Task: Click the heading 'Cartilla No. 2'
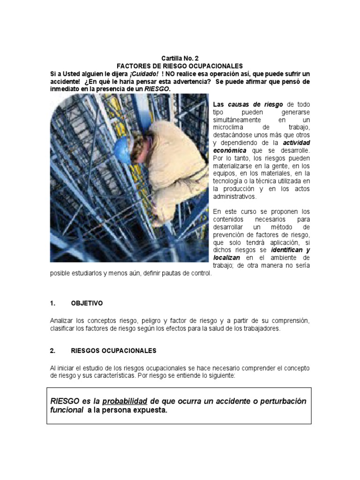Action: pyautogui.click(x=180, y=59)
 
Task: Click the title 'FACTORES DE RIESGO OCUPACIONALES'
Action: pyautogui.click(x=180, y=67)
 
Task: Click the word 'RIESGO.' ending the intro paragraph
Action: pyautogui.click(x=157, y=89)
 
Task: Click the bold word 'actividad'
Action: pyautogui.click(x=296, y=142)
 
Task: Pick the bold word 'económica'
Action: pyautogui.click(x=231, y=150)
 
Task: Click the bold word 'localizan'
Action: pyautogui.click(x=227, y=257)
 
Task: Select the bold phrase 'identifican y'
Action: pyautogui.click(x=291, y=250)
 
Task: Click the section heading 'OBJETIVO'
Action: pyautogui.click(x=87, y=303)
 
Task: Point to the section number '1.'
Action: pyautogui.click(x=52, y=303)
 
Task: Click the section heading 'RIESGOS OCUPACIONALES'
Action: pyautogui.click(x=113, y=351)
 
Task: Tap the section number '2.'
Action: pyautogui.click(x=52, y=351)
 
